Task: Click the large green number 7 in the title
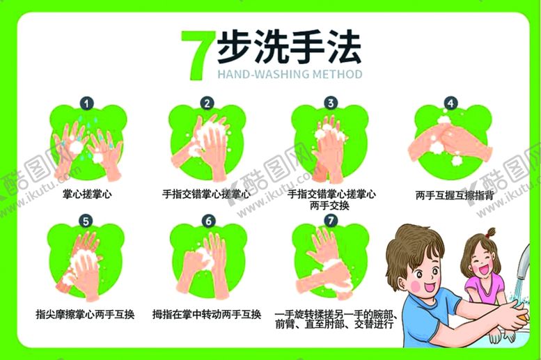click(x=197, y=55)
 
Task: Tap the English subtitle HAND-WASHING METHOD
click(x=290, y=75)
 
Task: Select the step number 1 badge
click(x=86, y=103)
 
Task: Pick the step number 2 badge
click(x=207, y=103)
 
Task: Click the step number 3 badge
click(x=331, y=103)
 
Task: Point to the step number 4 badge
click(x=450, y=103)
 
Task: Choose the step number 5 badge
click(x=86, y=221)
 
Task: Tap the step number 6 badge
click(x=208, y=221)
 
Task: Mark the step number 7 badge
click(x=331, y=221)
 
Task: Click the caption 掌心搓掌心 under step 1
click(x=87, y=194)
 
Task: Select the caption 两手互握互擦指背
click(x=455, y=196)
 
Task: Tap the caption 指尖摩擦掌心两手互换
click(x=85, y=315)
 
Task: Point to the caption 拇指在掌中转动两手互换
click(x=207, y=315)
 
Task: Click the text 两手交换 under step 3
click(x=329, y=205)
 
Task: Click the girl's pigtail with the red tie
click(x=489, y=233)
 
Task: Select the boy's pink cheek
click(x=416, y=285)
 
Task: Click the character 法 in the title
click(x=342, y=47)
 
